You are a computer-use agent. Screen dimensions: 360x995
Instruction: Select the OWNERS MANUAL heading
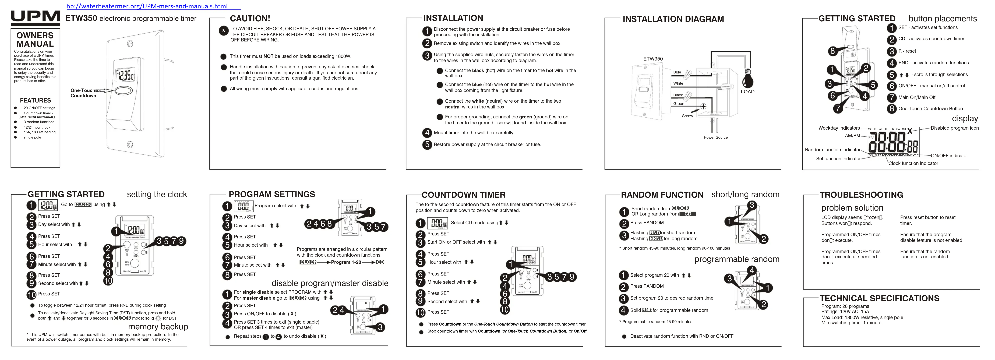point(35,40)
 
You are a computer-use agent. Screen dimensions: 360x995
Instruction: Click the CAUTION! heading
point(250,19)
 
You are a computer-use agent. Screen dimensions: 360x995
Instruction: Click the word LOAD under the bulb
point(747,92)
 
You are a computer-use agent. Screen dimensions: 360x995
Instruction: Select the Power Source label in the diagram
point(715,137)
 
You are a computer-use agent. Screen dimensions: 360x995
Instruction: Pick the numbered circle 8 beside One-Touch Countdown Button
point(891,108)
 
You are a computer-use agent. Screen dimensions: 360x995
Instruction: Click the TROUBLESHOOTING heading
point(861,195)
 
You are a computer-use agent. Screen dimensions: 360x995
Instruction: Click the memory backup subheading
point(158,327)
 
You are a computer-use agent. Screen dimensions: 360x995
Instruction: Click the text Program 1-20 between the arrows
point(346,262)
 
